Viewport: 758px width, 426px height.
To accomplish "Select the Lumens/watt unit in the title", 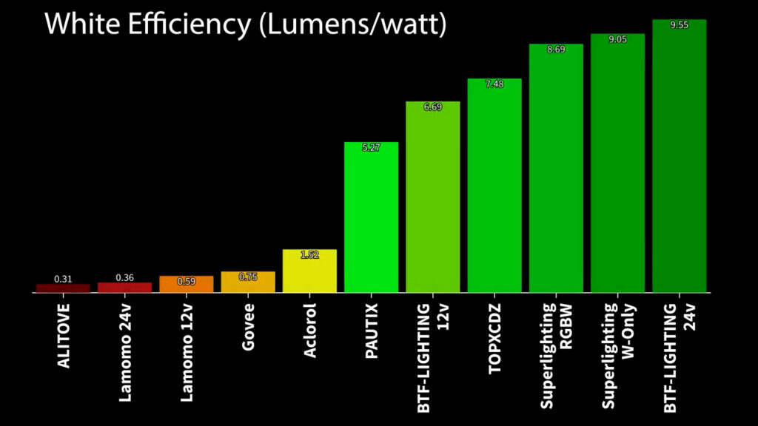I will click(x=353, y=24).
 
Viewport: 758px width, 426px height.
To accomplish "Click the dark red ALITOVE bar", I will click(x=63, y=288).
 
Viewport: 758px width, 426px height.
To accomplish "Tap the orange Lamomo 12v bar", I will click(x=186, y=285).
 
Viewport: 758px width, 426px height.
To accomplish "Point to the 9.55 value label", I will click(x=679, y=24).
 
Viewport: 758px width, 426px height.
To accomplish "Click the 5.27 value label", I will click(x=371, y=148).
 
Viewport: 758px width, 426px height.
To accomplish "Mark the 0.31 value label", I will click(x=63, y=279).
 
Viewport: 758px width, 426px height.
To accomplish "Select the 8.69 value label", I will click(x=556, y=50).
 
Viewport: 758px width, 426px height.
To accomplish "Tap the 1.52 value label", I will click(x=309, y=255).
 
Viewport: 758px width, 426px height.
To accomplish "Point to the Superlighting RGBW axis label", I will click(x=555, y=355).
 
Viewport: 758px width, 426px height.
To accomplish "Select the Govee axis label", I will click(x=249, y=319).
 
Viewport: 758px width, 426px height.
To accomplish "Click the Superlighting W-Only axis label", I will click(x=617, y=355).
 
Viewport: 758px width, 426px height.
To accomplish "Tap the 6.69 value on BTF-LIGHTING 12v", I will click(x=432, y=107).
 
